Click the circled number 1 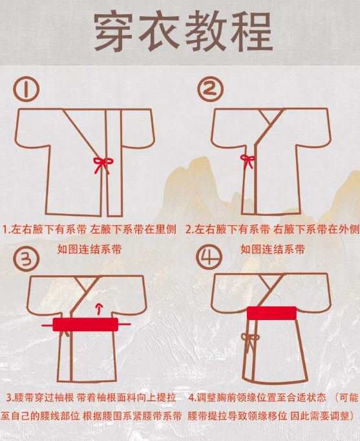[x=26, y=89]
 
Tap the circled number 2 [x=210, y=89]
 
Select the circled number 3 [x=26, y=258]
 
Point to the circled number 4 [x=209, y=257]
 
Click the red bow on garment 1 [x=103, y=164]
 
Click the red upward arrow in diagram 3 [x=99, y=308]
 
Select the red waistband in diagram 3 [x=85, y=324]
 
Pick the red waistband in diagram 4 [x=271, y=313]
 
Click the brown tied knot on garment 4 [x=250, y=340]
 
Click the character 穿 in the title [x=113, y=32]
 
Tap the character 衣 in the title [x=160, y=32]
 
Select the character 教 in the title [x=206, y=32]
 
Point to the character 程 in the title [x=252, y=32]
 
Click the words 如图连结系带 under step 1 [x=89, y=249]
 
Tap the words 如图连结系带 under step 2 [x=273, y=249]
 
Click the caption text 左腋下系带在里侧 [x=133, y=230]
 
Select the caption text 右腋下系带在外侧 [x=316, y=230]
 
